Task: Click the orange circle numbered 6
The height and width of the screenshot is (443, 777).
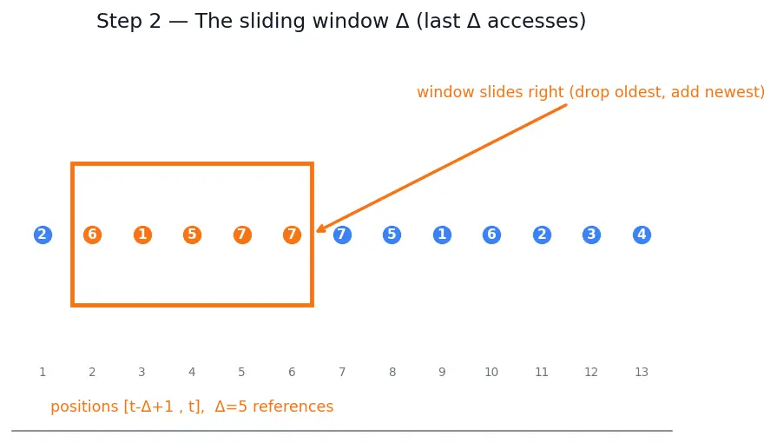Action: [x=93, y=235]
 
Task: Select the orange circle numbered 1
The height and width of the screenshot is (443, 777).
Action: [x=142, y=235]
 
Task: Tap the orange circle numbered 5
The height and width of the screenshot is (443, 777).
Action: [x=192, y=235]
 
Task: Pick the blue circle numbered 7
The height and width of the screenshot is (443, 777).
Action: [x=342, y=235]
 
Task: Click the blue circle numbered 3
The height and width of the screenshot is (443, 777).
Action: [x=592, y=235]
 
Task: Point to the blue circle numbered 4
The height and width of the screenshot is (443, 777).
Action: [x=642, y=235]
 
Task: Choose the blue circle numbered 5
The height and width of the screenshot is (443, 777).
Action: [x=392, y=235]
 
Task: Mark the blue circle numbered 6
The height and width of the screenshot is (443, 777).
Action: [x=491, y=235]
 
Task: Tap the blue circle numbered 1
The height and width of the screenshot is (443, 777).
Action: [x=442, y=235]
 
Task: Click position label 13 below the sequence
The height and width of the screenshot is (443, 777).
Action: [x=642, y=372]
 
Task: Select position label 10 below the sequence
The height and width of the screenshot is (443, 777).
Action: [x=491, y=372]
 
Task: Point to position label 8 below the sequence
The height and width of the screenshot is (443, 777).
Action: [x=392, y=372]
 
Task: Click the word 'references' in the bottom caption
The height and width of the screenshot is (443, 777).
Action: [x=293, y=407]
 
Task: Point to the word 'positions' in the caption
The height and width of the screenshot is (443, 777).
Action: [x=85, y=407]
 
